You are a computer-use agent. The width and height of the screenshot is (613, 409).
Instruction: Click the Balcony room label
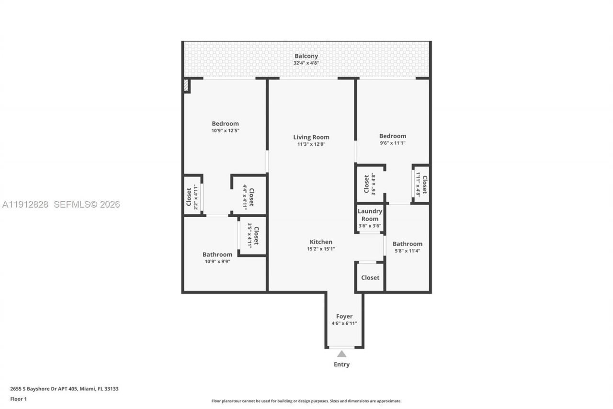coord(306,56)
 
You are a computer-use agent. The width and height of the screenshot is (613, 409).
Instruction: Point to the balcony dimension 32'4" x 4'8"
coord(306,63)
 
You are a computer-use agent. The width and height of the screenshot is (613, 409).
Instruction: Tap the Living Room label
coord(311,137)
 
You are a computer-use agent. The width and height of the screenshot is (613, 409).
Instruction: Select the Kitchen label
coord(321,242)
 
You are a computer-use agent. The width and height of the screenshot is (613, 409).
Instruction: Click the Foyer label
coord(344,316)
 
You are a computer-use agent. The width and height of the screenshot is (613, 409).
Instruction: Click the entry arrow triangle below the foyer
coord(341,354)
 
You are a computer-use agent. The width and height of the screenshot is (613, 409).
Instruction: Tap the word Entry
coord(341,364)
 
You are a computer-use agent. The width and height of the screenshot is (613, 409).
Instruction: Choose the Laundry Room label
coord(370,215)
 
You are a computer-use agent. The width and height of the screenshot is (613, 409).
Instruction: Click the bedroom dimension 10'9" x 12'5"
coord(225,130)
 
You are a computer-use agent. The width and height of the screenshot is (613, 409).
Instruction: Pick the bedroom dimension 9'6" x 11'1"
coord(392,143)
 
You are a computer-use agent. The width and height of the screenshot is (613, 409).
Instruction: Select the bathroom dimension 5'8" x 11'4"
coord(408,251)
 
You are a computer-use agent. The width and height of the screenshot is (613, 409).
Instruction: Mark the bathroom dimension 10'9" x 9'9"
coord(217,261)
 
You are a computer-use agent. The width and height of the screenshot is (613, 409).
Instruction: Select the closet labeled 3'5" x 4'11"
coord(252,235)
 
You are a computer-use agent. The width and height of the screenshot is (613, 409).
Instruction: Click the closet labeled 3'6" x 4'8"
coord(370,184)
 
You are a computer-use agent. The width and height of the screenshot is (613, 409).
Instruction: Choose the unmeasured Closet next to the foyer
coord(370,278)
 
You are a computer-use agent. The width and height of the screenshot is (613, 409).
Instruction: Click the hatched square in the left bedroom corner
coord(186,85)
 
